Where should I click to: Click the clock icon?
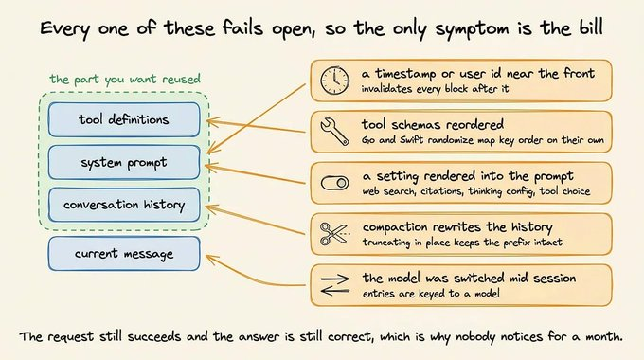coord(334,81)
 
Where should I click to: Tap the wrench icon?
coord(334,132)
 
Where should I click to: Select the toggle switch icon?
coord(334,183)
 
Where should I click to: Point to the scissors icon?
coord(334,233)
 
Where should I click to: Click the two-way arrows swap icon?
coord(334,285)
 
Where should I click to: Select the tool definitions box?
coord(124,119)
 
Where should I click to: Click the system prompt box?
coord(124,162)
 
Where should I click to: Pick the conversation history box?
coord(124,205)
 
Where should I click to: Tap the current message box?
coord(124,254)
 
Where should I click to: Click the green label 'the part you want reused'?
coord(125,79)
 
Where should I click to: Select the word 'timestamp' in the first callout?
coord(405,74)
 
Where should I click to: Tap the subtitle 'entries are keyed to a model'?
coord(431,294)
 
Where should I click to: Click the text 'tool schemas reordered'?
coord(433,124)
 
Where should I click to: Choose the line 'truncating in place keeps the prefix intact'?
coord(462,243)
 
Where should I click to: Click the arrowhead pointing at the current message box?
coord(209,258)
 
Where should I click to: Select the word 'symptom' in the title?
coord(471,28)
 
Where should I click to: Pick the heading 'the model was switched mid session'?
coord(469,278)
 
